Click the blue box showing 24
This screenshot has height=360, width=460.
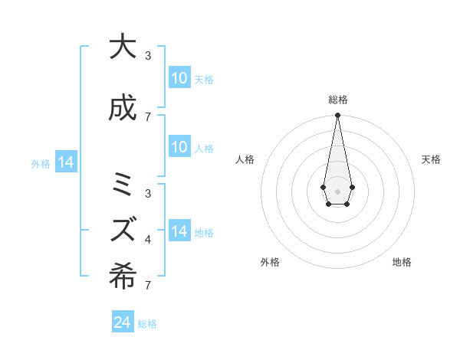(122, 323)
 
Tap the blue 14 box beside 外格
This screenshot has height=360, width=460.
(65, 163)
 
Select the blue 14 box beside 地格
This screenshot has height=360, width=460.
(179, 231)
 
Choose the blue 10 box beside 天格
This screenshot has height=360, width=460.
(179, 78)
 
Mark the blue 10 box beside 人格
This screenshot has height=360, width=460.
(179, 147)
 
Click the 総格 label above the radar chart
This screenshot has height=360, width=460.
(337, 100)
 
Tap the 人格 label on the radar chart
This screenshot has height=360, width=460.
(245, 159)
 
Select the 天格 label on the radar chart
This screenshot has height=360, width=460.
(431, 159)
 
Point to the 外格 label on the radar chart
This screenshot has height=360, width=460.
(270, 263)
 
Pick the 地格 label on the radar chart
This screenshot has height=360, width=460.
(402, 263)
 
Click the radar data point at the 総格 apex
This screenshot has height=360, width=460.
(337, 116)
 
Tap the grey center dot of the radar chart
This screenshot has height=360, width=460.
(337, 191)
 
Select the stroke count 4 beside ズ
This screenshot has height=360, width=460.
(148, 240)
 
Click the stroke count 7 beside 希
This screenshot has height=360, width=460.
(147, 286)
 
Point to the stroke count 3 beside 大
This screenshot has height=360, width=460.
(148, 55)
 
